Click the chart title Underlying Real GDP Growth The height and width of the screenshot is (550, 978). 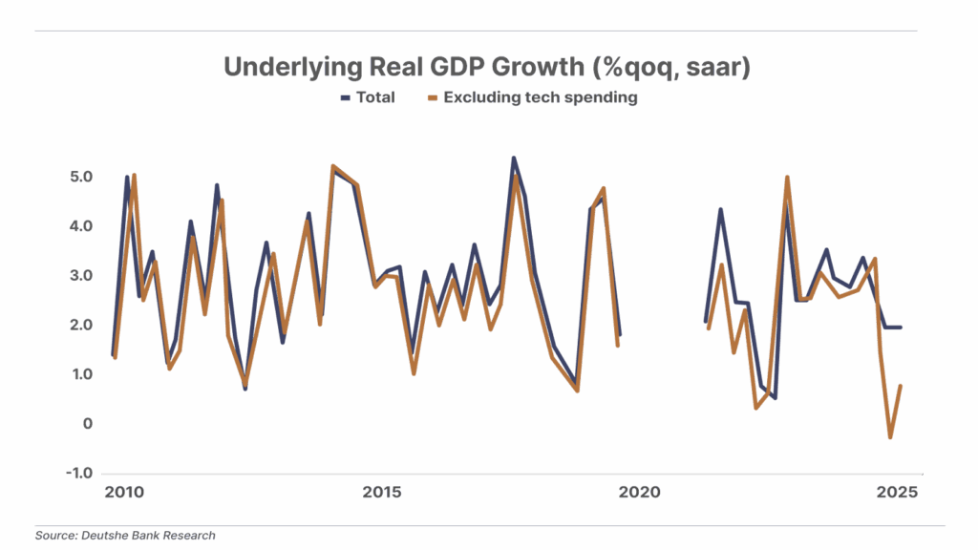pos(487,67)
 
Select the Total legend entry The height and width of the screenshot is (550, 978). pos(375,97)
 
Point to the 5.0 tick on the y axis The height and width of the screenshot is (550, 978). pos(79,177)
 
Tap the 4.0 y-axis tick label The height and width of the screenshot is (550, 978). pos(79,226)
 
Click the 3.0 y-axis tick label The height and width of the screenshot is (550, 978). pos(79,275)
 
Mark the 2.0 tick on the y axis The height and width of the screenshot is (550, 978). pos(79,325)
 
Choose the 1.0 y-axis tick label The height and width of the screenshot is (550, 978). pos(79,374)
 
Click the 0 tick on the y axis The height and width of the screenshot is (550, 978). pos(86,423)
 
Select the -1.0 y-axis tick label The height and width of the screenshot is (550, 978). pos(78,473)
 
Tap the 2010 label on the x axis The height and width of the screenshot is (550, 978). pos(124,494)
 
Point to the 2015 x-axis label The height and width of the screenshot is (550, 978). pos(381,494)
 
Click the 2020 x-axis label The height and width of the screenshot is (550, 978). pos(639,494)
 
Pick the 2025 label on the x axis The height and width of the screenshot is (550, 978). pos(897,494)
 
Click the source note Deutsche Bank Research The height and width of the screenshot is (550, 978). pos(125,536)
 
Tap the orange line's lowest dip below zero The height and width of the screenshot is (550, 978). pos(890,437)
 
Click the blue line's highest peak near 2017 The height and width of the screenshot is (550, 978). pos(514,159)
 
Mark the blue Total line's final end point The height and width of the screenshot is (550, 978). pos(901,328)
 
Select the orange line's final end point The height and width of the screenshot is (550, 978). pos(901,385)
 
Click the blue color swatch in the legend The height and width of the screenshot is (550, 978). pos(346,97)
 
